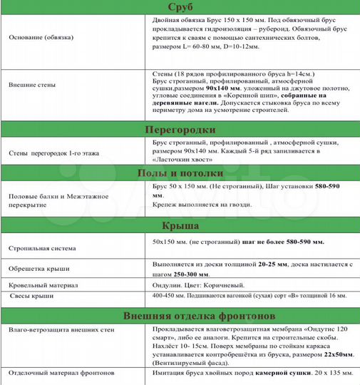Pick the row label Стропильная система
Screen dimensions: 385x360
click(x=41, y=248)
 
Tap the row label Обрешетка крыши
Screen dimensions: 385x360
click(x=36, y=269)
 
